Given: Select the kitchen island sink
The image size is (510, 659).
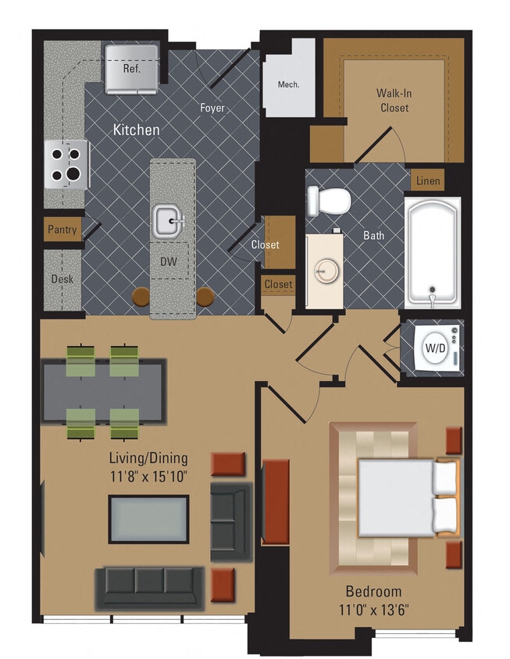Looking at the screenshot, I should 169,220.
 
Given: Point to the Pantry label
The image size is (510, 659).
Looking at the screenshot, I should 62,230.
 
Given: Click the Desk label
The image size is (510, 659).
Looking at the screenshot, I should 62,279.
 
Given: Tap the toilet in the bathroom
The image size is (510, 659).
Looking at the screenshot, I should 328,201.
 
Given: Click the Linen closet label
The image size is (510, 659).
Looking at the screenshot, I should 427,181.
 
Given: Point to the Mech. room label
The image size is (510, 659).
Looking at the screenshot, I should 288,84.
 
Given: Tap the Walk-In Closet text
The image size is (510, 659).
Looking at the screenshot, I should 394,100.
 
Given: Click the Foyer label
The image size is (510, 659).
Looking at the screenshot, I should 212,109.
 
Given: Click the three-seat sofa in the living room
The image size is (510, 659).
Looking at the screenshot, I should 148,587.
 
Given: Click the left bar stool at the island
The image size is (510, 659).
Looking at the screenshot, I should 141,297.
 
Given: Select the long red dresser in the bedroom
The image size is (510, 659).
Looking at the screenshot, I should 276,501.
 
